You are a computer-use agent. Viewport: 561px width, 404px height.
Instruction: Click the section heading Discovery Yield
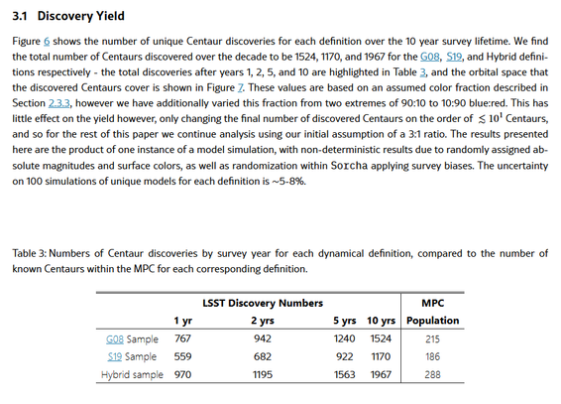point(81,16)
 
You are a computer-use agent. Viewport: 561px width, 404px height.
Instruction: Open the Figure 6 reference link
point(47,42)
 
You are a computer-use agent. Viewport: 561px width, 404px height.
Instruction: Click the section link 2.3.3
point(59,103)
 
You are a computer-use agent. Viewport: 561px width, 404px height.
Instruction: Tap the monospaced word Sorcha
point(349,166)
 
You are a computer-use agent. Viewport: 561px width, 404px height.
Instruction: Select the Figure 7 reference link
point(241,88)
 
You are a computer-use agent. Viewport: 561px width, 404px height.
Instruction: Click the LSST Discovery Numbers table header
point(263,304)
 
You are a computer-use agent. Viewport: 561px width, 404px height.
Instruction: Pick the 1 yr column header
point(183,321)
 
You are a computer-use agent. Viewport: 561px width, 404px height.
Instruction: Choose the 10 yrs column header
point(381,321)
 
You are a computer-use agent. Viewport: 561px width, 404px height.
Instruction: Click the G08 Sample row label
point(132,339)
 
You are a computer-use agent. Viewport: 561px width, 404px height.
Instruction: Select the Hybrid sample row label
point(132,375)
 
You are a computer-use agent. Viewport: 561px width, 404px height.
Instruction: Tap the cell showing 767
point(182,338)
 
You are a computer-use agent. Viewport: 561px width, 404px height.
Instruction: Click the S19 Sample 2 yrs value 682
point(263,356)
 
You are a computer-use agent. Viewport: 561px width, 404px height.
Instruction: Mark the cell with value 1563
point(345,374)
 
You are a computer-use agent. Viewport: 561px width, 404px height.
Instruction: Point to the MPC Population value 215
point(432,338)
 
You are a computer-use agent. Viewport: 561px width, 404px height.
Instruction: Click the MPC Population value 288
point(432,374)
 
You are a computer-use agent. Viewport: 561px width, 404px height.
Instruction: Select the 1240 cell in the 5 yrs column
point(345,338)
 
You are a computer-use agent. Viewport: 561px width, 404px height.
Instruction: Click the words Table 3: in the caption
point(30,253)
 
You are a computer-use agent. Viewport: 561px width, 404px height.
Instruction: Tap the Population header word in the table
point(433,321)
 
